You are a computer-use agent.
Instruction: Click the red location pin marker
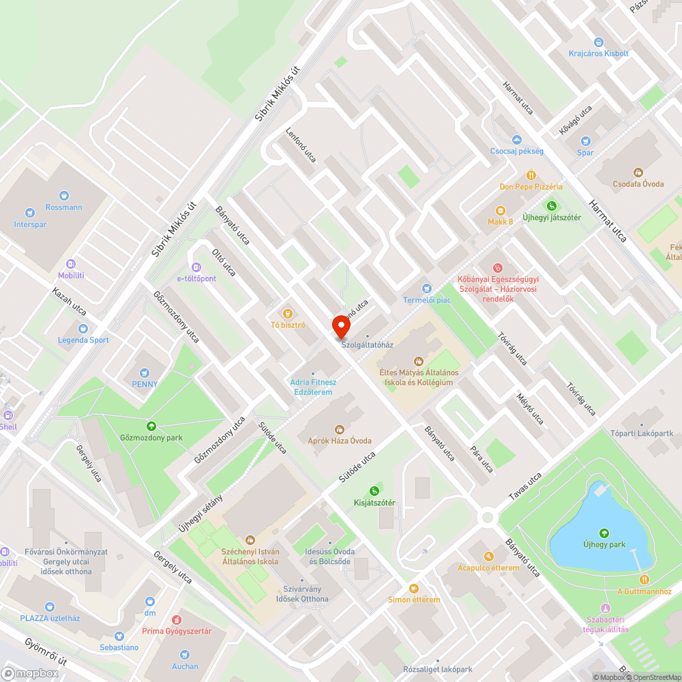point(340,327)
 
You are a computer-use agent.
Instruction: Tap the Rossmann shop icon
point(64,196)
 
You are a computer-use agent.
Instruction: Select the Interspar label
point(30,224)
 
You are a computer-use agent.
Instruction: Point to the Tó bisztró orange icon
point(288,313)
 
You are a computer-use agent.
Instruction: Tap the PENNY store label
point(144,384)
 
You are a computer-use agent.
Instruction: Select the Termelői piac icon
point(427,288)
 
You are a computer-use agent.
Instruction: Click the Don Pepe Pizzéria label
point(531,186)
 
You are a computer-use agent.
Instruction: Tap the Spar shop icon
point(585,141)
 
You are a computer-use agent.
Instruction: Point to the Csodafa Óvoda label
point(638,183)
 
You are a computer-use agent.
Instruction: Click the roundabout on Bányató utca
point(487,517)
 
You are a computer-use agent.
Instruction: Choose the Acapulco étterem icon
point(488,557)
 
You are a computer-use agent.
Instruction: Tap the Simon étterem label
point(413,599)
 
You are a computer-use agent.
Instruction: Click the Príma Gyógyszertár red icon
point(177,620)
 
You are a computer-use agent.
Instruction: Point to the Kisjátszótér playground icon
point(374,491)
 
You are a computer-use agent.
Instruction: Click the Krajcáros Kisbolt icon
point(599,42)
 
